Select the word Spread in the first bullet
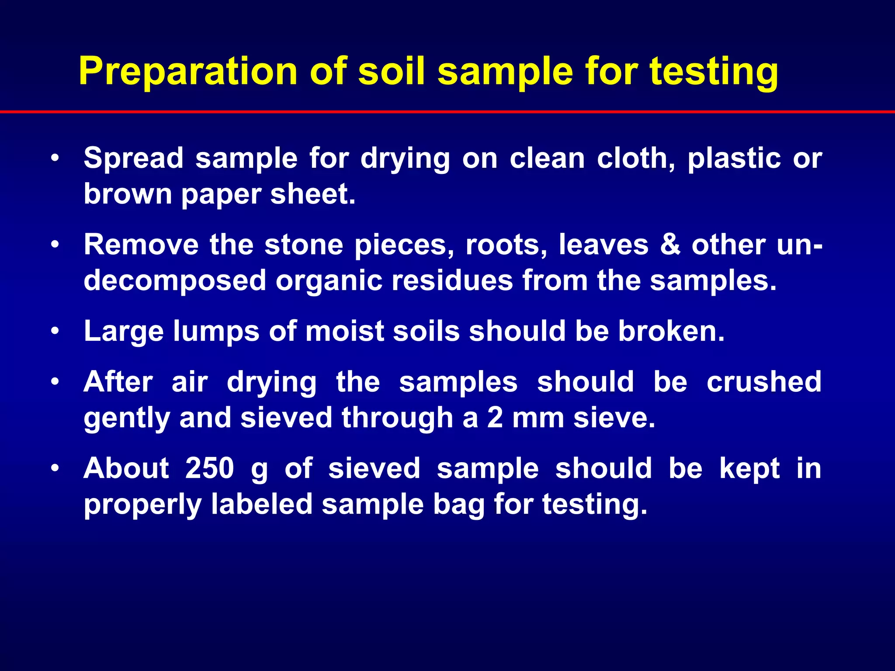pos(133,158)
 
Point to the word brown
pos(128,194)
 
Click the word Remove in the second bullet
pos(141,245)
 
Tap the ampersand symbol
pos(670,245)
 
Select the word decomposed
pos(175,281)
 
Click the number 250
pos(210,469)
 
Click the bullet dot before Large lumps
pos(55,332)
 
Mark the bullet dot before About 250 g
pos(55,469)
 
